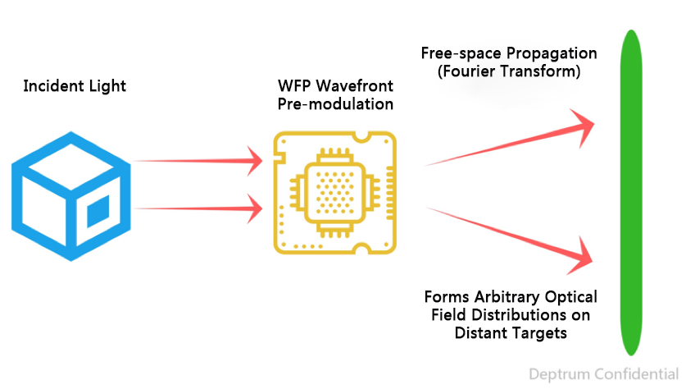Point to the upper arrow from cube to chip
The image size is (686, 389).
click(197, 162)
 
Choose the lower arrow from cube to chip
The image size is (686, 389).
click(197, 208)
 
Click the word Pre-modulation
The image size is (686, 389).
click(335, 104)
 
